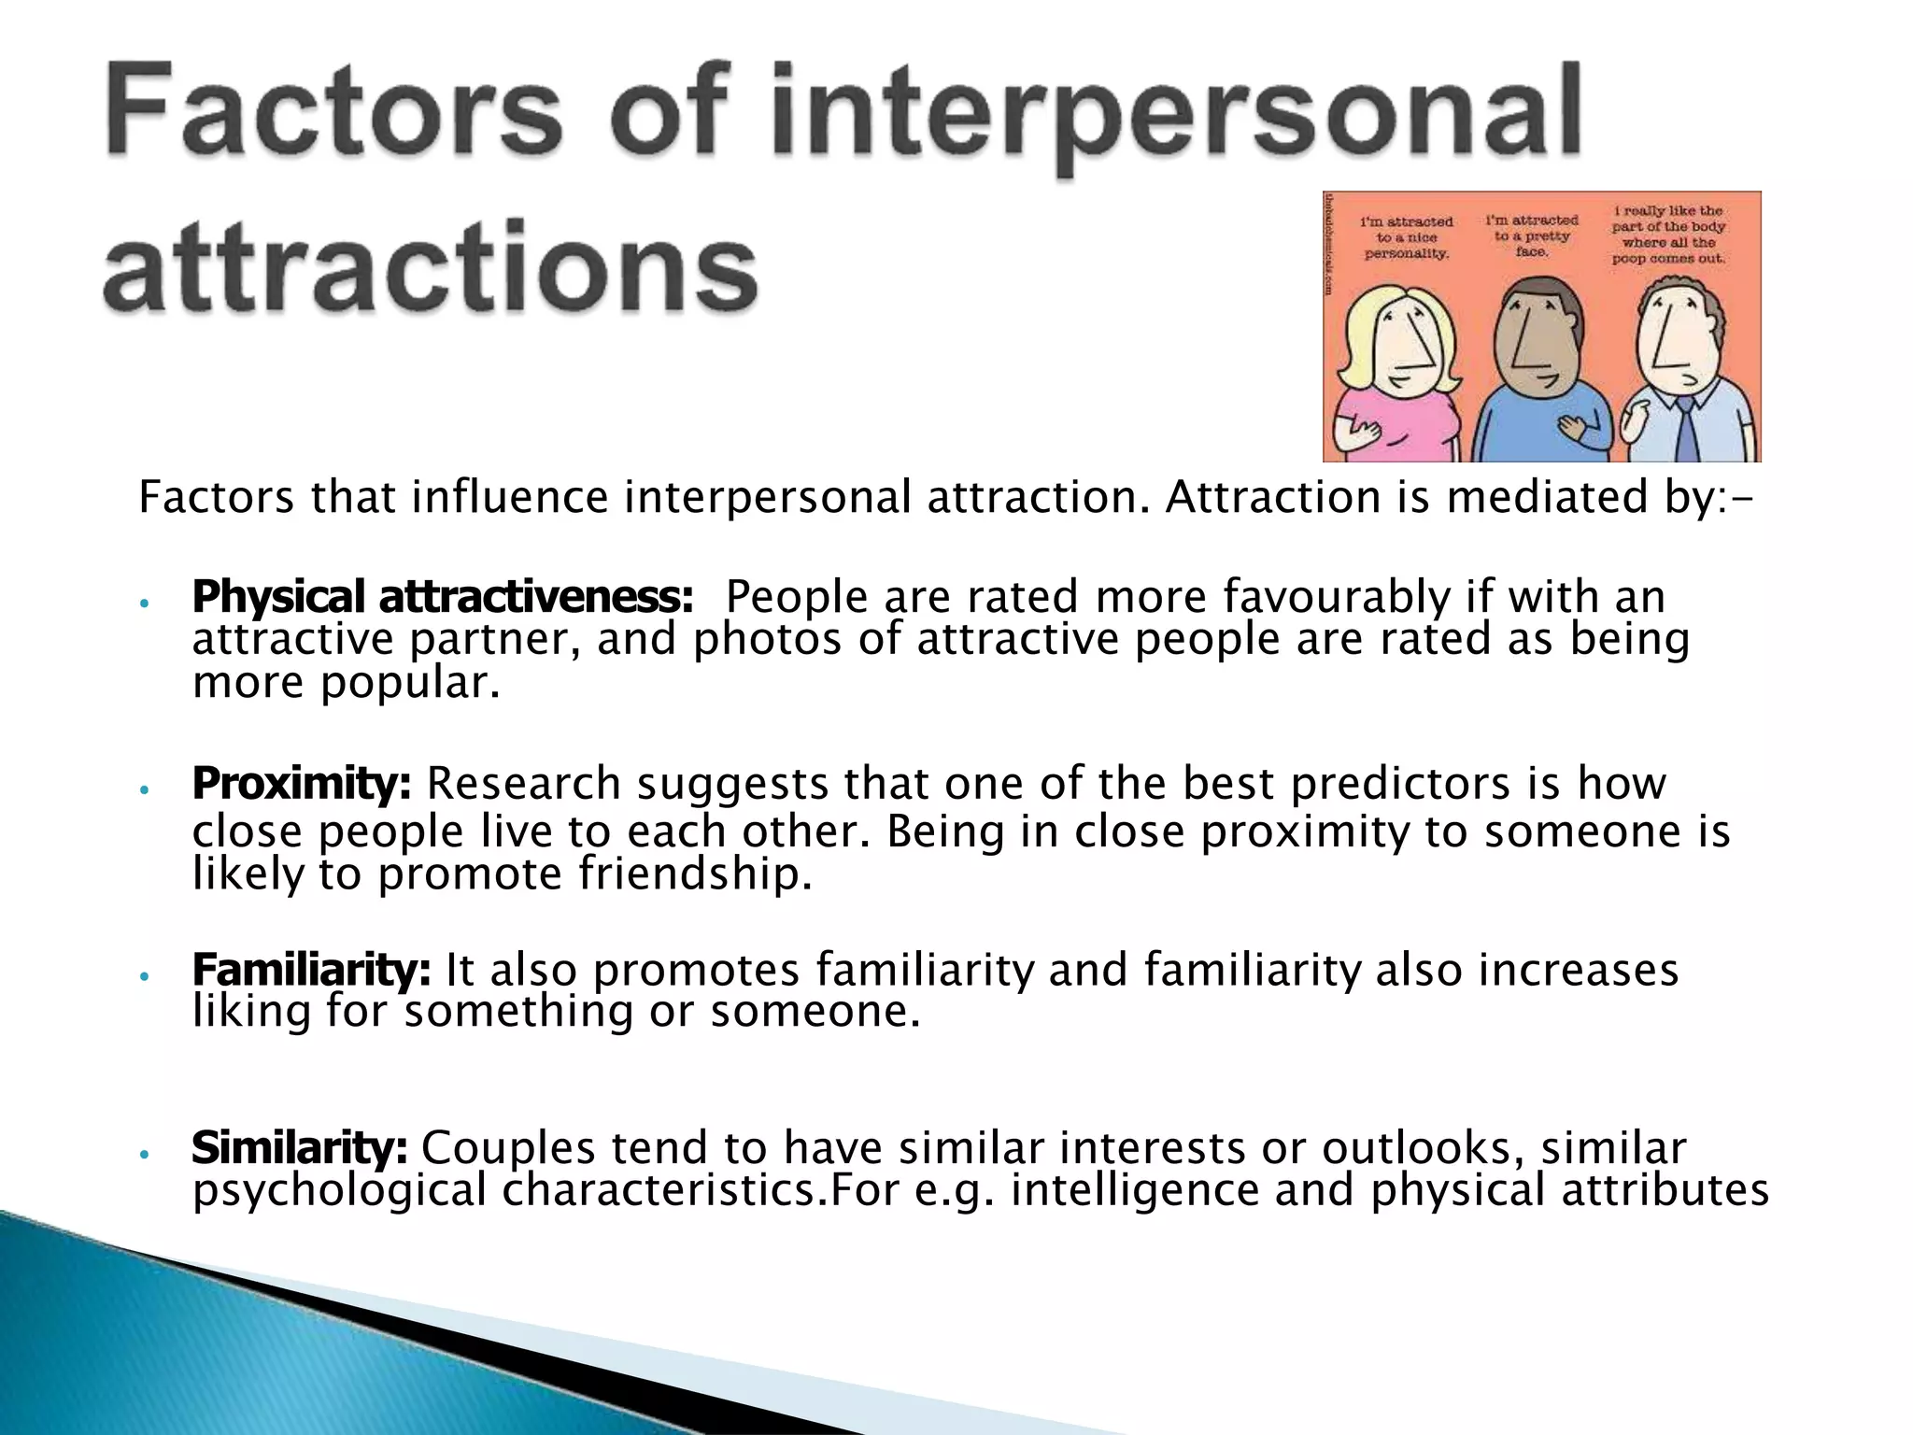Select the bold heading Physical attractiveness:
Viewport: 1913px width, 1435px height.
(x=443, y=597)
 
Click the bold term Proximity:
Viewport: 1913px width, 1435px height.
(x=302, y=784)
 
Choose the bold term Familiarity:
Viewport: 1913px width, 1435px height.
(x=311, y=970)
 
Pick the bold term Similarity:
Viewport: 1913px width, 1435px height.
(x=299, y=1148)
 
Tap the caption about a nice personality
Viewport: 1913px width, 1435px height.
(x=1407, y=238)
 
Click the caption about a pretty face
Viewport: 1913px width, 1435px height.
(x=1532, y=235)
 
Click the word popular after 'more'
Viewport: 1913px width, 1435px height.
(x=410, y=683)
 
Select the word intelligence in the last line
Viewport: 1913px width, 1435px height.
(x=1134, y=1191)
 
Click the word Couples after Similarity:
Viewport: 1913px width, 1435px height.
(x=508, y=1148)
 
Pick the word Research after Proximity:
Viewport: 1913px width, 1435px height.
(x=523, y=784)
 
